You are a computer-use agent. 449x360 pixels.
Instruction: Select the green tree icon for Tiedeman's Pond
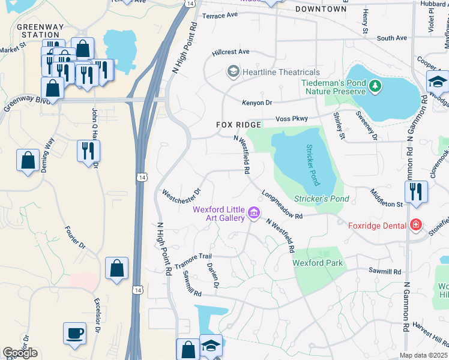click(x=375, y=86)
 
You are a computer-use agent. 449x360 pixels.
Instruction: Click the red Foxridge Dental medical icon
click(x=415, y=226)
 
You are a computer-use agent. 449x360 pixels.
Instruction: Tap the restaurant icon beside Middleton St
click(x=415, y=191)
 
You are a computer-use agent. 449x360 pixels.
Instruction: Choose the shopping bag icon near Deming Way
click(x=28, y=160)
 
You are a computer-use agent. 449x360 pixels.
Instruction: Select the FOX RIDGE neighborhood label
click(x=239, y=125)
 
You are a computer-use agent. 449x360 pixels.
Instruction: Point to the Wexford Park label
click(x=318, y=263)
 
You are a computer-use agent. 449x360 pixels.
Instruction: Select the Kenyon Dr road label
click(x=257, y=103)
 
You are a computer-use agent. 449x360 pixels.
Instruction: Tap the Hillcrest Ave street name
click(x=231, y=52)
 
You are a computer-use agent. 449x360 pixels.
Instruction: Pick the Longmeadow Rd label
click(x=281, y=205)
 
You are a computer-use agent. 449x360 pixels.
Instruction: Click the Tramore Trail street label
click(x=193, y=260)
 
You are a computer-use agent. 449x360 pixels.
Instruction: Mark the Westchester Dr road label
click(x=181, y=196)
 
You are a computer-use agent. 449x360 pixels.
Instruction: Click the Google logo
click(x=20, y=353)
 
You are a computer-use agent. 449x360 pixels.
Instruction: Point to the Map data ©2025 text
click(x=423, y=355)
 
